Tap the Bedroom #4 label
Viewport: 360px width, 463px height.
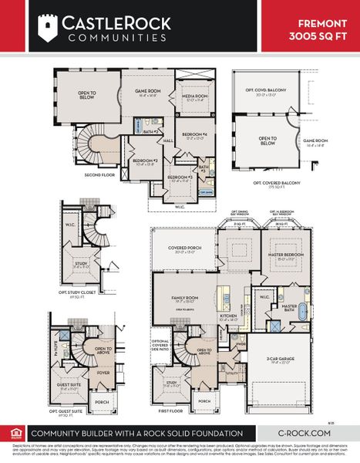[x=192, y=136]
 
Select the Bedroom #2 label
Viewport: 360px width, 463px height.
[x=146, y=161]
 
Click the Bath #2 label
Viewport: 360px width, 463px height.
[x=151, y=131]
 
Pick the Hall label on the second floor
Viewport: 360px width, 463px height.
[x=167, y=140]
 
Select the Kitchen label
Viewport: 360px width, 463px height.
[x=229, y=316]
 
